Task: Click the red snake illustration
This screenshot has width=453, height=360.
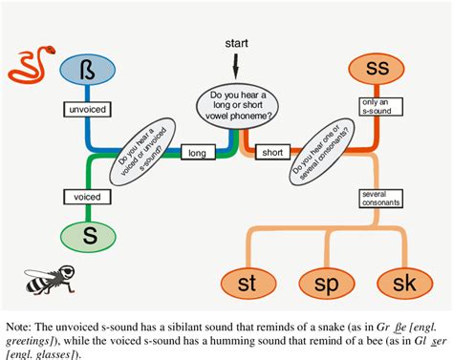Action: coord(32,67)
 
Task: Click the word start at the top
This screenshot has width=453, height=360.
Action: coord(237,44)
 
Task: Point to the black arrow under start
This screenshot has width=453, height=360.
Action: coord(238,68)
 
